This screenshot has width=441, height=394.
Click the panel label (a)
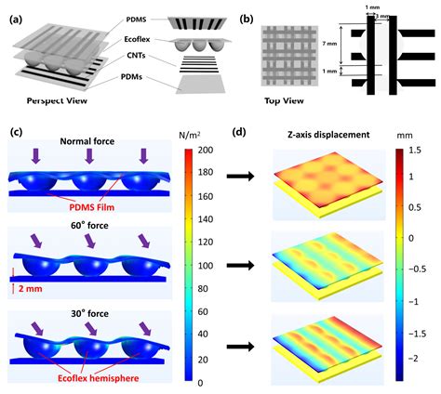(17, 15)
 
